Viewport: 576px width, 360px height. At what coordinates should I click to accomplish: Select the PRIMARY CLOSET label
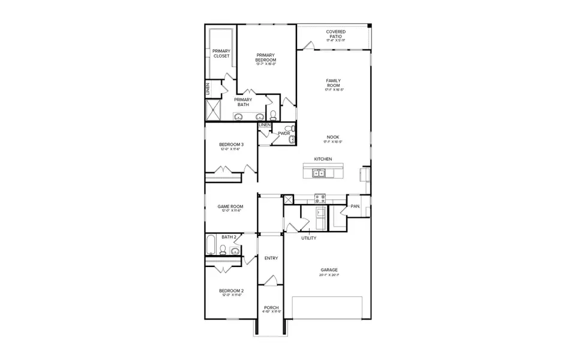(221, 53)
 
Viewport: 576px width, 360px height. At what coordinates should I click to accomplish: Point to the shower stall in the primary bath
(214, 110)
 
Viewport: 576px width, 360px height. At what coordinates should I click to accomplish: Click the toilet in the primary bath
(273, 115)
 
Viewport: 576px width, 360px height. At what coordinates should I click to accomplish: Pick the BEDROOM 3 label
(231, 145)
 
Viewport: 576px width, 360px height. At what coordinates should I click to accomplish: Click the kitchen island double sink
(318, 174)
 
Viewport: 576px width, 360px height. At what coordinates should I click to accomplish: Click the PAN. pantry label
(355, 206)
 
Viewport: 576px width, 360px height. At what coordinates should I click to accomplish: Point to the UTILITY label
(309, 238)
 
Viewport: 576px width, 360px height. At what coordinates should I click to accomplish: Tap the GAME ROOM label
(231, 207)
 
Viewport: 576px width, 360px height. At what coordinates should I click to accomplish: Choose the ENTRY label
(271, 258)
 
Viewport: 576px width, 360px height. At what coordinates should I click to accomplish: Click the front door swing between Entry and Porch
(271, 281)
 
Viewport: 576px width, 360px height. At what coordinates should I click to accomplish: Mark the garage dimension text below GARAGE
(329, 275)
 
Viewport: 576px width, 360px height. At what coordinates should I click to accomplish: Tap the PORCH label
(271, 308)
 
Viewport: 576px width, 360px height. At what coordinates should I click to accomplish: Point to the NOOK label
(333, 137)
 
